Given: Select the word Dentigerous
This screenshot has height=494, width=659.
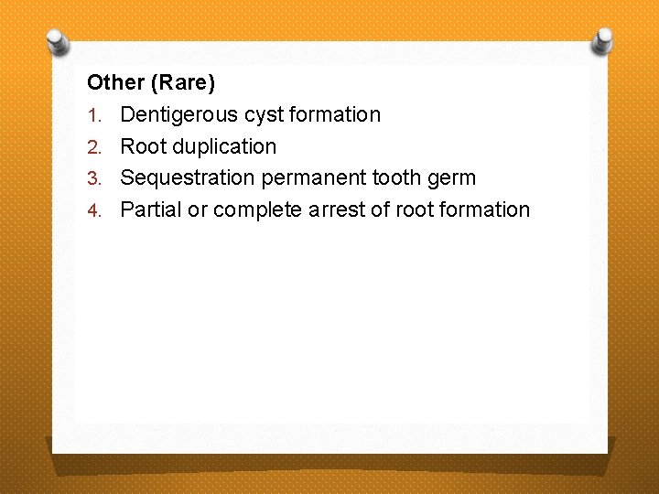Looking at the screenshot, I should point(180,115).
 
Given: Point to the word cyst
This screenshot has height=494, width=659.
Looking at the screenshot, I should point(265,115).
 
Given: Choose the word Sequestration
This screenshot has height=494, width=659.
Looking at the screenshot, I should point(188,177).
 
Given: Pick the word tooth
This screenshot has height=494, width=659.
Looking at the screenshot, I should point(396,177).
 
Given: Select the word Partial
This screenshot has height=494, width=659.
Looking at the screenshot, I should point(151,209).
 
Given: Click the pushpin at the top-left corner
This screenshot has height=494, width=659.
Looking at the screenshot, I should point(58,42).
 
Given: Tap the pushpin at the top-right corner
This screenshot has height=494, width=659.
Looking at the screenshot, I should point(601,41).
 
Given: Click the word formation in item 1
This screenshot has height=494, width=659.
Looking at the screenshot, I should point(336,115).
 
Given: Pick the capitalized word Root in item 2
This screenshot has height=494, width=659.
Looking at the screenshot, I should point(142,146).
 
